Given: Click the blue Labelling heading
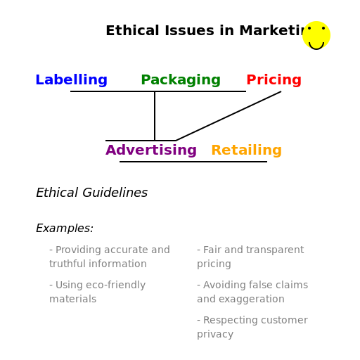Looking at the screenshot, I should pos(71,80).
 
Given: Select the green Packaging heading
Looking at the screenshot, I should pos(181,80).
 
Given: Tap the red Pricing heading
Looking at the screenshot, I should pos(274,80).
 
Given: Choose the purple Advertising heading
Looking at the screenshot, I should pos(151,150).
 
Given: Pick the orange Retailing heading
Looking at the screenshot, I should pos(246,150).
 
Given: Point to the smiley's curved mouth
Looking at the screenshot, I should pos(316,44).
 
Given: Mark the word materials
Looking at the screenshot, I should pos(72,299).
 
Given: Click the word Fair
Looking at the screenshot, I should pos(213,250).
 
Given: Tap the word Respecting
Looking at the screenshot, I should pos(231,320).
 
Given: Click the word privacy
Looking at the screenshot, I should pos(215,334).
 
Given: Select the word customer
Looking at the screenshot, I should pos(284,320).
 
